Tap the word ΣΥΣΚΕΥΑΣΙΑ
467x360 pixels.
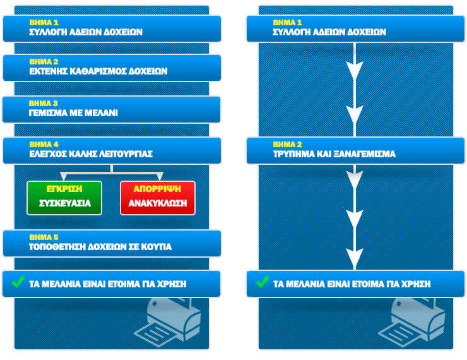[x=64, y=203]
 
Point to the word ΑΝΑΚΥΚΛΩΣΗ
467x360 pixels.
[x=158, y=204]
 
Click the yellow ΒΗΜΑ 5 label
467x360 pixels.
[x=44, y=237]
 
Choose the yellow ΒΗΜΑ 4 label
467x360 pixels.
[x=44, y=144]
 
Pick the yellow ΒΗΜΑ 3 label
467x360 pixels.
[x=44, y=103]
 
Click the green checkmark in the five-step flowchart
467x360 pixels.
[x=18, y=284]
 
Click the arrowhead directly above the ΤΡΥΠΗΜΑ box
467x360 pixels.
[x=355, y=116]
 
